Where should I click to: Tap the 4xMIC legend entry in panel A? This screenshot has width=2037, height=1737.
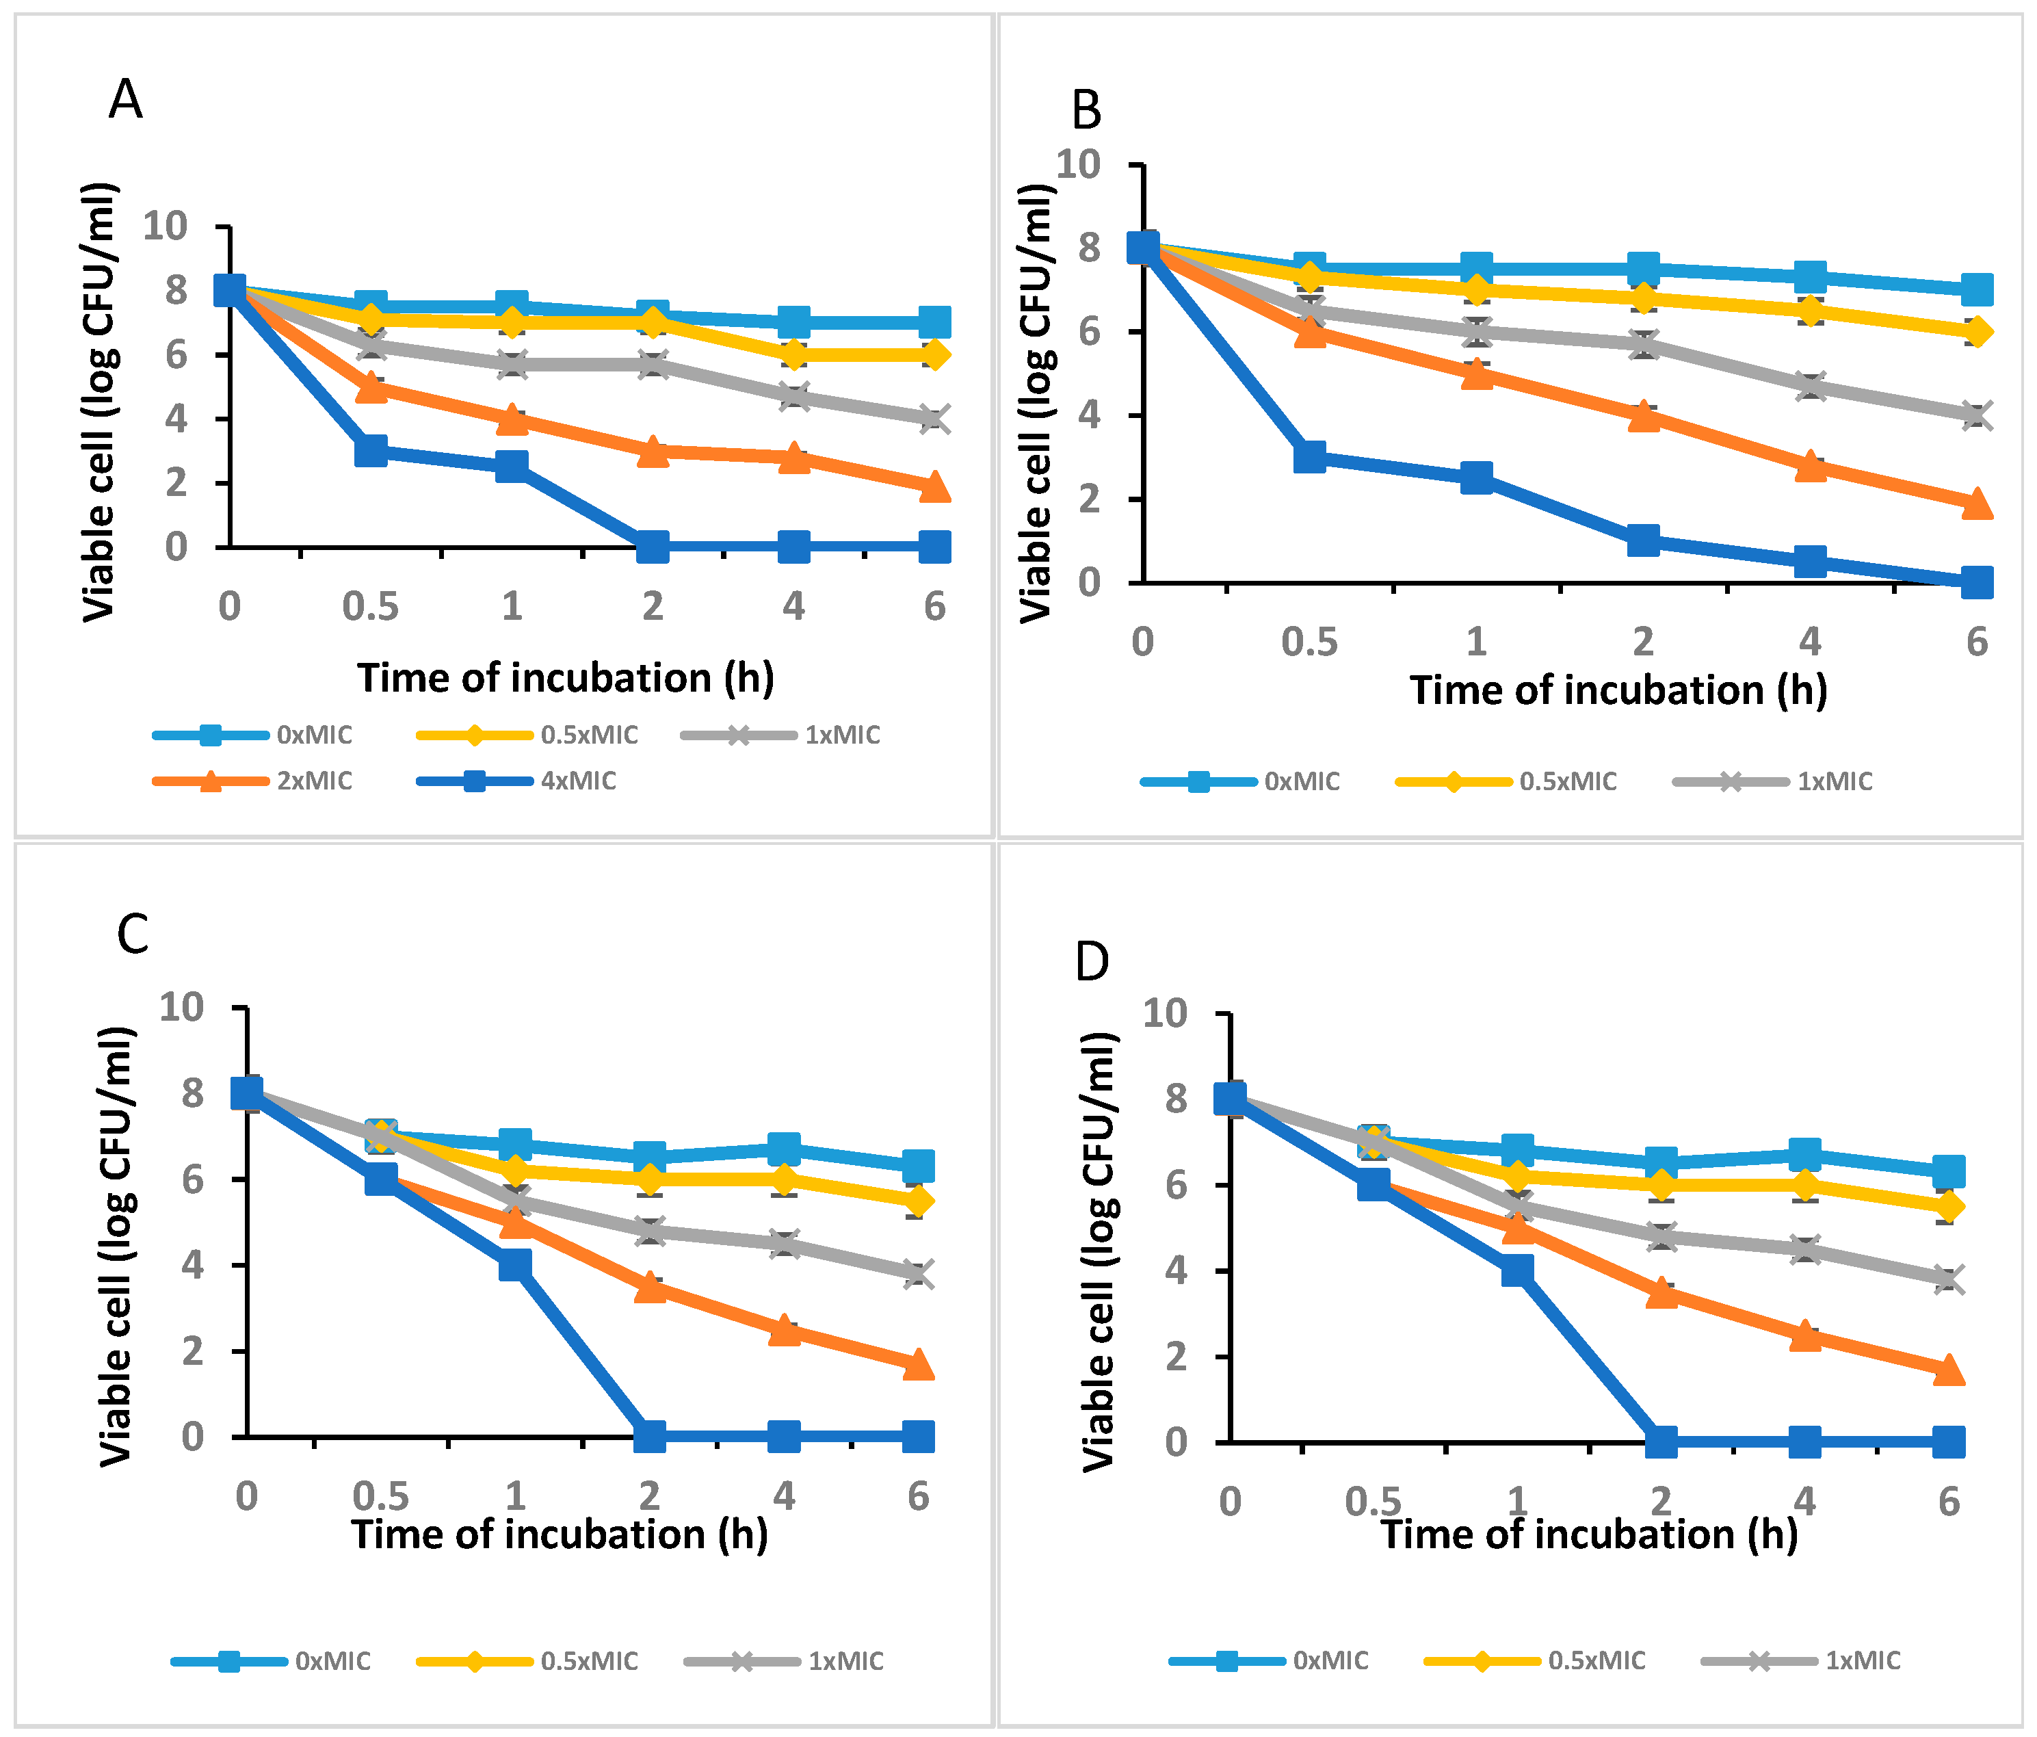click(x=517, y=781)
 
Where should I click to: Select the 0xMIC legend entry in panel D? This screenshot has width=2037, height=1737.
click(x=1270, y=1660)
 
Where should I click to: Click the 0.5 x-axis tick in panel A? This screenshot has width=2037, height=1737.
click(x=371, y=607)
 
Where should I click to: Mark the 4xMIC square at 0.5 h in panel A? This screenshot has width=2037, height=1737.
click(x=371, y=452)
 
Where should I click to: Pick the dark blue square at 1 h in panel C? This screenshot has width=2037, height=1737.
click(x=515, y=1264)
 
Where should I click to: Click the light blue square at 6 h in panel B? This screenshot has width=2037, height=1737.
click(x=1977, y=290)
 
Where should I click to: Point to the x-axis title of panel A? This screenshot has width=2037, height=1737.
click(x=565, y=678)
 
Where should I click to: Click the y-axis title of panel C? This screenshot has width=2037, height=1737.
click(x=116, y=1246)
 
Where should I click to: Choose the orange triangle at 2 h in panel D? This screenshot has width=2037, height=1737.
click(x=1661, y=1292)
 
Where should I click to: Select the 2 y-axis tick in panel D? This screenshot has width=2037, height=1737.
click(x=1176, y=1357)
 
